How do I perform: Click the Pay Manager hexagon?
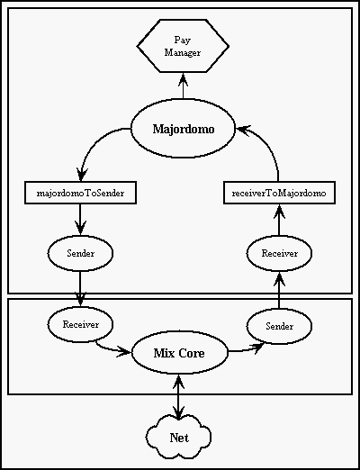[x=183, y=46]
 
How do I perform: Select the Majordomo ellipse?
[x=183, y=129]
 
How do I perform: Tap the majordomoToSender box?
[x=80, y=193]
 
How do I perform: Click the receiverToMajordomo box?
[x=279, y=193]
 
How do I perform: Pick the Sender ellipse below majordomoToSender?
[x=80, y=253]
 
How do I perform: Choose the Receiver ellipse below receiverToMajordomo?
[x=279, y=253]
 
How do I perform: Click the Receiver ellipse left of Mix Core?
[x=80, y=324]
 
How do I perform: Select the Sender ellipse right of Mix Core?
[x=279, y=326]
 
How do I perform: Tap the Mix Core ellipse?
[x=179, y=353]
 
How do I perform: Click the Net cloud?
[x=179, y=438]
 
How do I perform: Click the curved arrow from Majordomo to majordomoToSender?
[x=93, y=144]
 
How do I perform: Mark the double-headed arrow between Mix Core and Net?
[x=179, y=397]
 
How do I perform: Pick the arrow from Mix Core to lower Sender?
[x=246, y=349]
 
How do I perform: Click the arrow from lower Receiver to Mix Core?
[x=112, y=348]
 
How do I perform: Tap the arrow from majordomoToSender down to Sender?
[x=80, y=220]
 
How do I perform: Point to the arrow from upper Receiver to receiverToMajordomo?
[x=279, y=220]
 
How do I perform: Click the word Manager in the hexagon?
[x=183, y=53]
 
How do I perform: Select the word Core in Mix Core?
[x=192, y=353]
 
